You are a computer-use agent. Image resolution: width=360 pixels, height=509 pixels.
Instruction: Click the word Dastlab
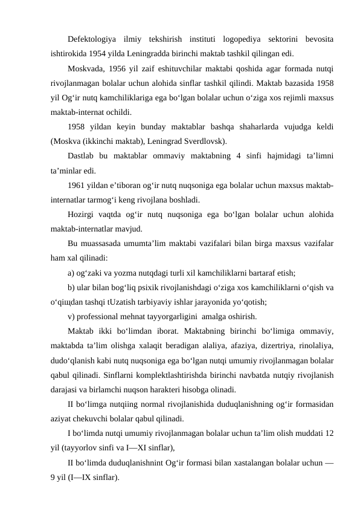[82, 157]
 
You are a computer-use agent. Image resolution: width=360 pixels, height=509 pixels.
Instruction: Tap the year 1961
[76, 186]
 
